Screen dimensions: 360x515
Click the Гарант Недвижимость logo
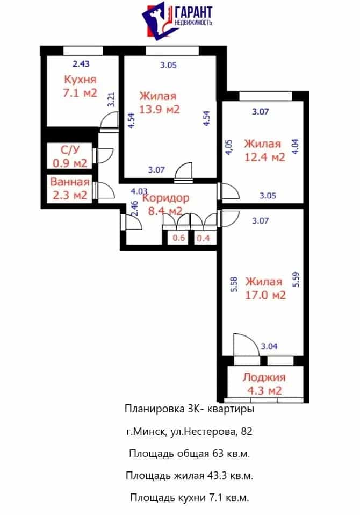point(177,20)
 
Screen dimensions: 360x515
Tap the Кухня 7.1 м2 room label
point(80,86)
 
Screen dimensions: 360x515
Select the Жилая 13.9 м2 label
point(159,103)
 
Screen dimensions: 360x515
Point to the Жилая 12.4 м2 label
point(264,151)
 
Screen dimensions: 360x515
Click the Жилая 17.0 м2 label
point(265,288)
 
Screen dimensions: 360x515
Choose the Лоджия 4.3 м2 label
point(264,384)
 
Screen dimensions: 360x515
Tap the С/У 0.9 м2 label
point(70,156)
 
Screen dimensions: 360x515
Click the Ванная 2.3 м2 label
point(70,189)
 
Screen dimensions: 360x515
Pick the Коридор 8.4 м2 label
point(165,204)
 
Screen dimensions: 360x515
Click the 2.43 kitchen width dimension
point(81,64)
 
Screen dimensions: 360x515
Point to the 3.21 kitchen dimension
point(112,99)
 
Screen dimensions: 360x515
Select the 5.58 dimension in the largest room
point(234,284)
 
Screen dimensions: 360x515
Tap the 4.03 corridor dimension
point(139,191)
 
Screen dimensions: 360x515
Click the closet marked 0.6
point(179,238)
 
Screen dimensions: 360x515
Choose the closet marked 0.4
point(203,238)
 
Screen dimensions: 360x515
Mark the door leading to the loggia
point(247,345)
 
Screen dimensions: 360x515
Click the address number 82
point(247,431)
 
